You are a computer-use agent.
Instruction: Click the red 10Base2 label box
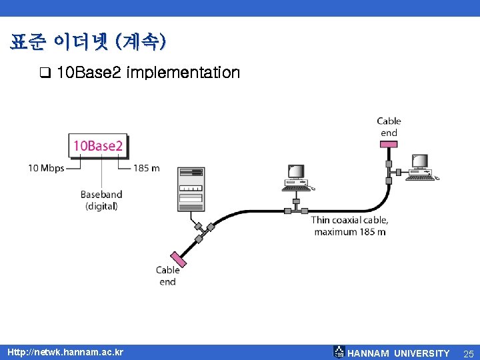(x=98, y=145)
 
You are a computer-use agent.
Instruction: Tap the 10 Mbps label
(x=46, y=168)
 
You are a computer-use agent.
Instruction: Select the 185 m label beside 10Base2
(x=146, y=168)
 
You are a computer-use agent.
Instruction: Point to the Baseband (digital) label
(x=101, y=200)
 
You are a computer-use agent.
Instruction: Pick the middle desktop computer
(x=295, y=177)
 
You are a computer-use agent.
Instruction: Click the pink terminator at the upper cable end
(x=389, y=147)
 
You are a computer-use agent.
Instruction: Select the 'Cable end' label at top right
(x=389, y=127)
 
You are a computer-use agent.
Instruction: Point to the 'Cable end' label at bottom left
(x=167, y=275)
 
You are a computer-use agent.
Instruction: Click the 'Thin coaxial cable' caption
(x=349, y=225)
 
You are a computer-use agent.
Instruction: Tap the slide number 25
(x=468, y=353)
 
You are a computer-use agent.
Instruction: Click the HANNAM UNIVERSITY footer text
(x=399, y=353)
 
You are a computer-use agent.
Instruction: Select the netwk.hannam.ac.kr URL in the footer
(x=65, y=351)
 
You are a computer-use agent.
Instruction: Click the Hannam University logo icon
(x=339, y=352)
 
